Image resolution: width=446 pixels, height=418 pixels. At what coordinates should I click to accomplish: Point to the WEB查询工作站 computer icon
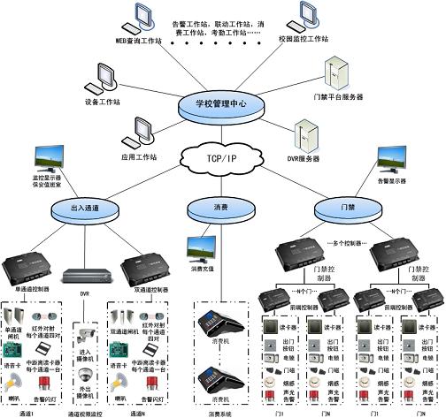click(140, 18)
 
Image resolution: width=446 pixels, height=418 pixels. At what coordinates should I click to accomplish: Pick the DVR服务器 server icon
click(306, 135)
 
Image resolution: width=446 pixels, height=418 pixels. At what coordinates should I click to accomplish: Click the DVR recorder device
click(87, 276)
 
